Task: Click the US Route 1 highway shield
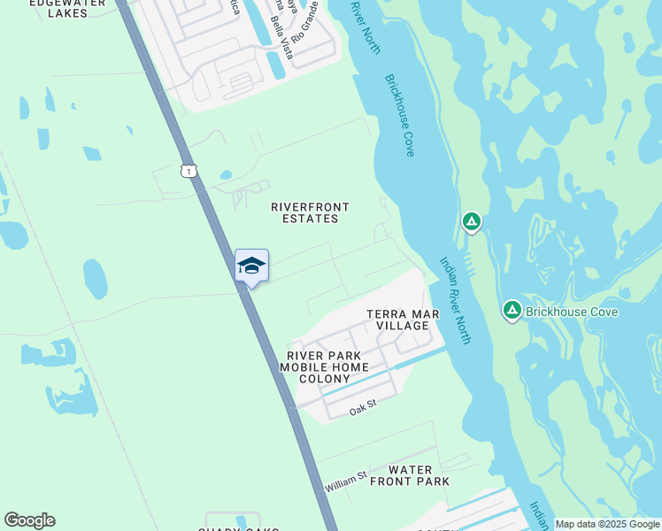(x=188, y=171)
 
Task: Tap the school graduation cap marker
(x=251, y=265)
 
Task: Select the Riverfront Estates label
(x=310, y=212)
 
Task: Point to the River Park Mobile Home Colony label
(x=324, y=367)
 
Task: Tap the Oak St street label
(x=363, y=409)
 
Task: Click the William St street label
(x=345, y=483)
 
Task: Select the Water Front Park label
(x=410, y=475)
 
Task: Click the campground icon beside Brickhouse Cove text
(x=512, y=311)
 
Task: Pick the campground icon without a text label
(x=472, y=222)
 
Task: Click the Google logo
(x=29, y=520)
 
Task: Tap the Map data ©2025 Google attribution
(x=607, y=525)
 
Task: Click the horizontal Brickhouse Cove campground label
(x=571, y=312)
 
